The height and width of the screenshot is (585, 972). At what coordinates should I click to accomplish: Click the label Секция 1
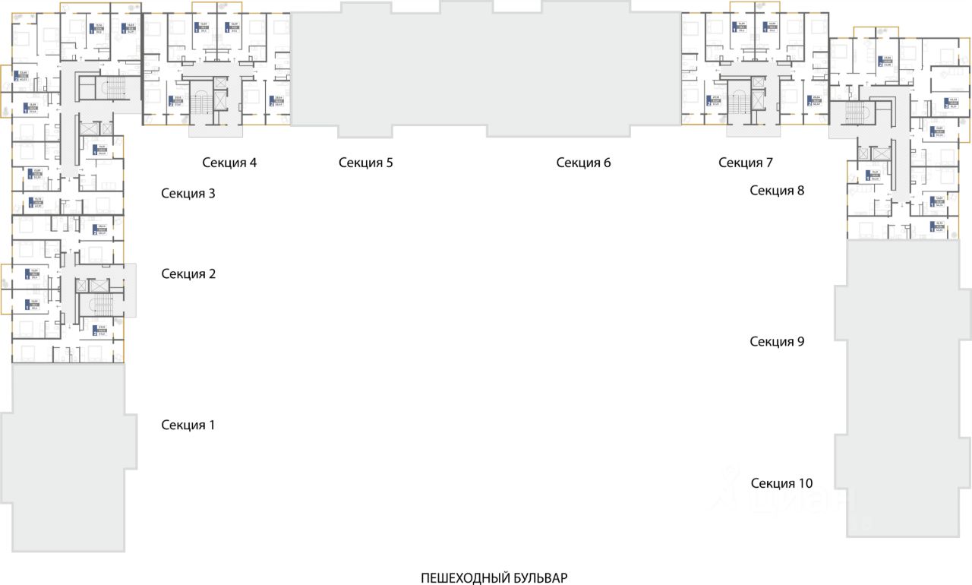coord(188,425)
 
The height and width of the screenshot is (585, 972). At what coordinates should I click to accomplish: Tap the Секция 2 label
coord(188,274)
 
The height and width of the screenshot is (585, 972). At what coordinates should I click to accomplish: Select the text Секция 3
coord(188,193)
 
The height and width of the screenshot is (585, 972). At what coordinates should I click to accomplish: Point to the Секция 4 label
coord(229,162)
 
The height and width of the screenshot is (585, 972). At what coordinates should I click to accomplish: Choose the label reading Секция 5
coord(366,162)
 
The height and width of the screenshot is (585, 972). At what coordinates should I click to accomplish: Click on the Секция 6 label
coord(583,162)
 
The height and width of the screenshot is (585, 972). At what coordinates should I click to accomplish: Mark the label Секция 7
coord(746,162)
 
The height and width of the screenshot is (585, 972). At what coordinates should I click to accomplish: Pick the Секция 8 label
coord(777,190)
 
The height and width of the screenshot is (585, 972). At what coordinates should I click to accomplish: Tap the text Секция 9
coord(777,341)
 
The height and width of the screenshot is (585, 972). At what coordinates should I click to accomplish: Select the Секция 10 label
coord(781,482)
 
